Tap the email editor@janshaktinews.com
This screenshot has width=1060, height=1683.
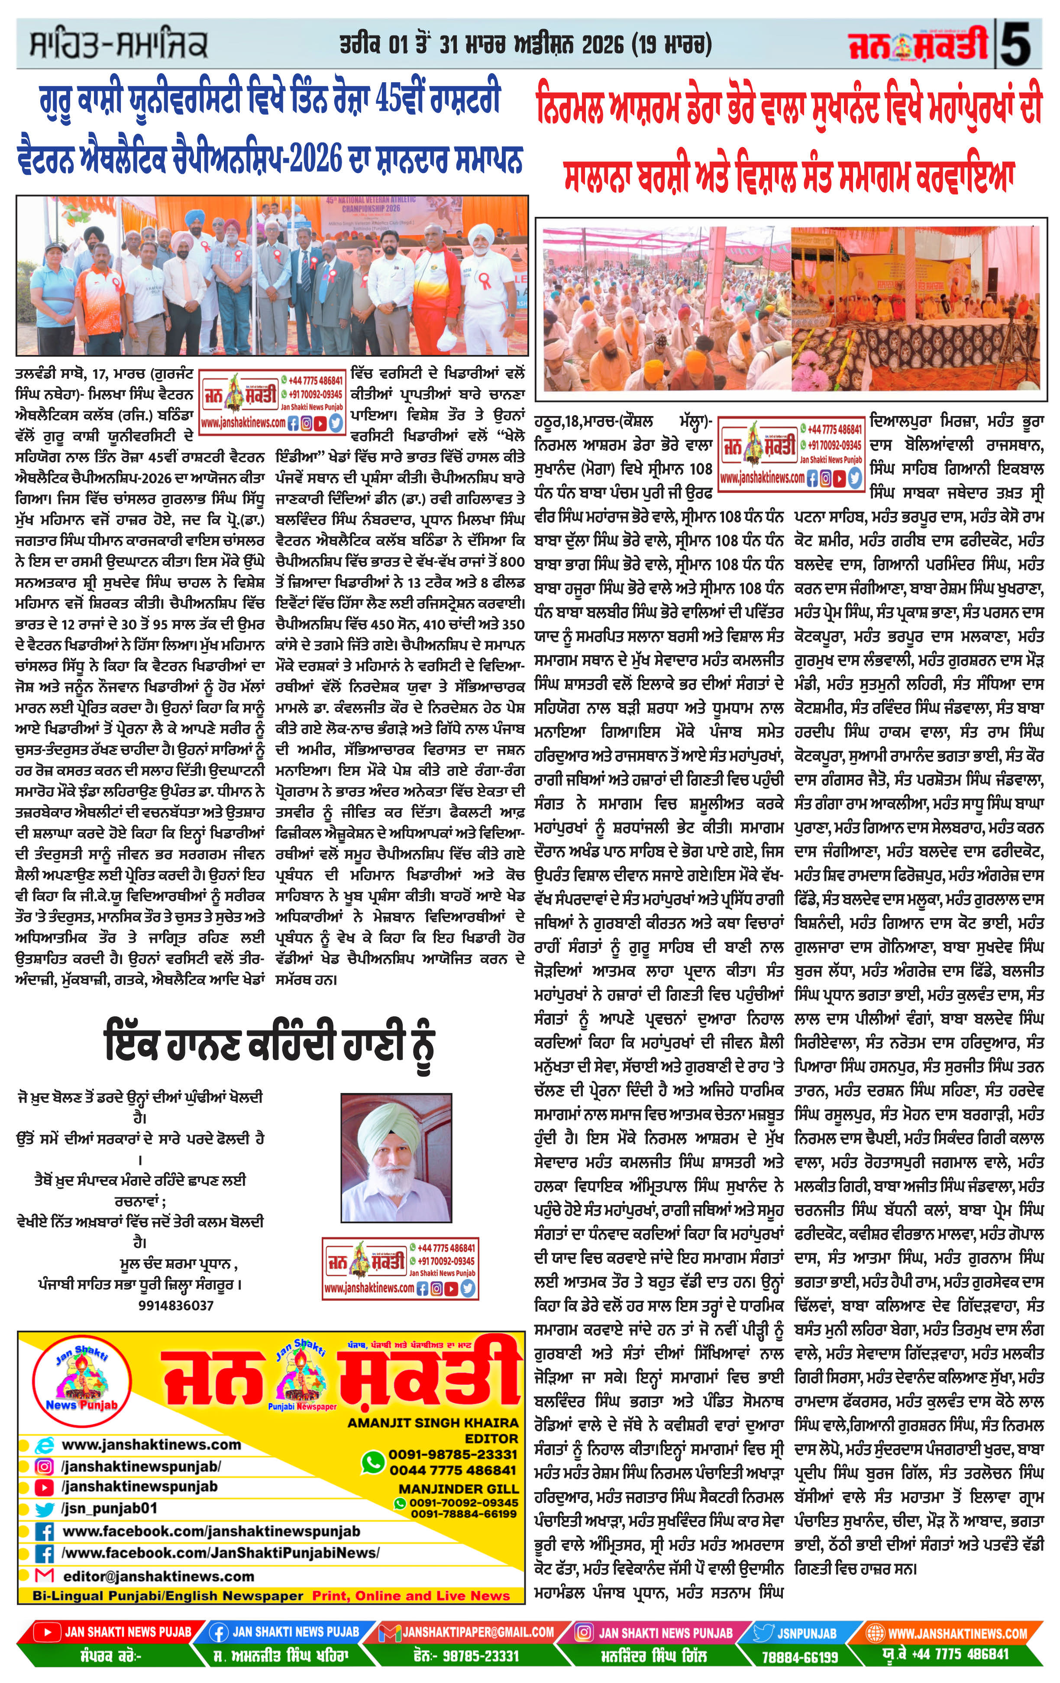click(159, 1576)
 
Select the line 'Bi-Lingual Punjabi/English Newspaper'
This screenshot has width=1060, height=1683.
click(168, 1596)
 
